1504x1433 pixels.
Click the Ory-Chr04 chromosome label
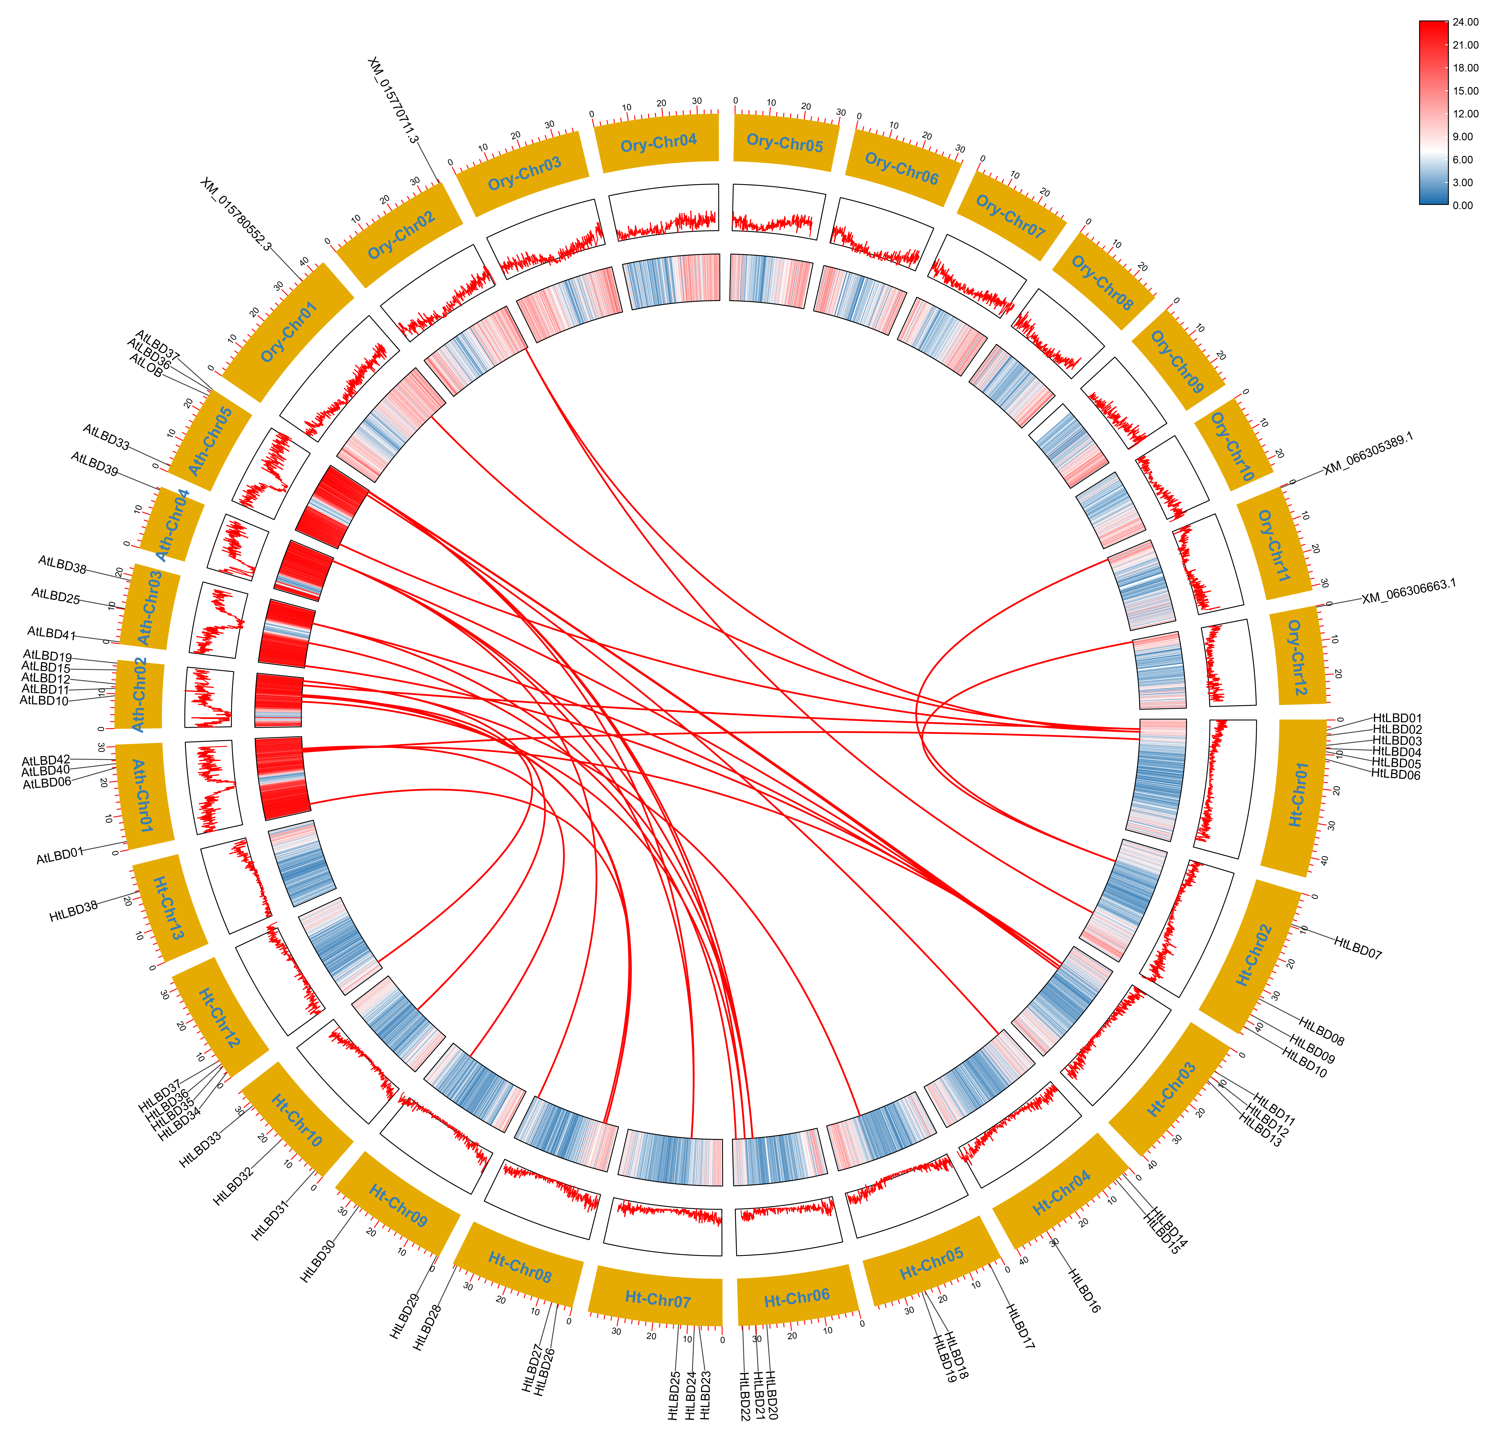click(x=658, y=143)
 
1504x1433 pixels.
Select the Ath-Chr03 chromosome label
click(x=150, y=607)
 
